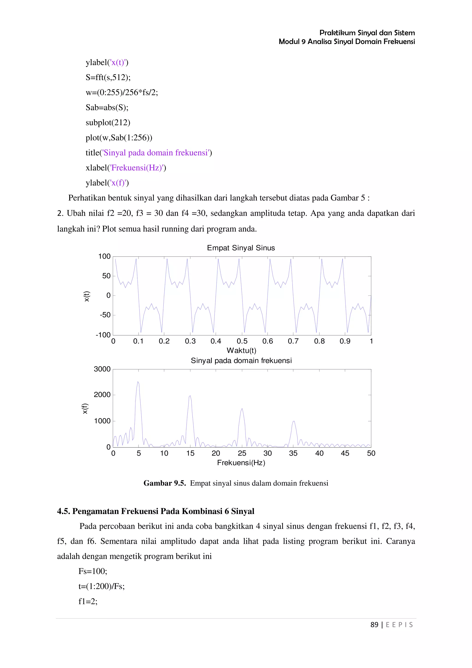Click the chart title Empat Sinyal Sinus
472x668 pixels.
[x=241, y=248]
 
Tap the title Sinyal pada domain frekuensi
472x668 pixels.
[x=241, y=361]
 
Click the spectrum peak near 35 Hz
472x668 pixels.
[x=293, y=421]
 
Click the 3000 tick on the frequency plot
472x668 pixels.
[x=102, y=369]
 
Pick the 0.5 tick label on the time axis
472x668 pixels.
[x=242, y=341]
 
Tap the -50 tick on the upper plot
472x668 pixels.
[x=105, y=315]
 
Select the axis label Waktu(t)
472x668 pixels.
[x=241, y=350]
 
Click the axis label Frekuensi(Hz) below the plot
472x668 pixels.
[x=241, y=463]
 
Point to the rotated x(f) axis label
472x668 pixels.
[x=85, y=408]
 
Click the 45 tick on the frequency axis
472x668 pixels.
[x=345, y=453]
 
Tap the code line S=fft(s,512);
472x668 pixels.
[x=108, y=77]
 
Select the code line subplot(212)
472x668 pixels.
[x=108, y=122]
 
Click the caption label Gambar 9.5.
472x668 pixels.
[x=164, y=483]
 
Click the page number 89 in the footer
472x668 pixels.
[x=374, y=625]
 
